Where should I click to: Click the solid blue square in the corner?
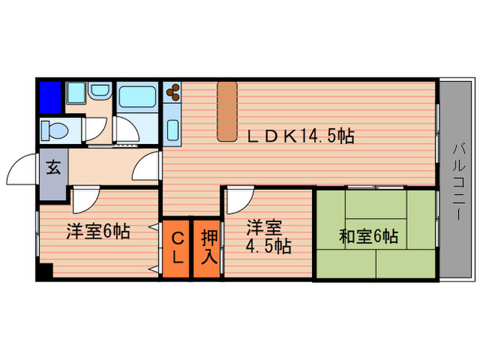(51, 97)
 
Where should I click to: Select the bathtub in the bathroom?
(137, 97)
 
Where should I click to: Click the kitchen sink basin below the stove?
(171, 130)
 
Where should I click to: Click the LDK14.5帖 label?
(300, 136)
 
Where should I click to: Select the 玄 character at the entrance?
(53, 167)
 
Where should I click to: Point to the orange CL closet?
(176, 248)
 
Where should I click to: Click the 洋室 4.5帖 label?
(268, 237)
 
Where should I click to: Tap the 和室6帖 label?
(368, 237)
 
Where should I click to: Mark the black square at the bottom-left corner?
(45, 272)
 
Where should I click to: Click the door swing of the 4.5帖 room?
(238, 200)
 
